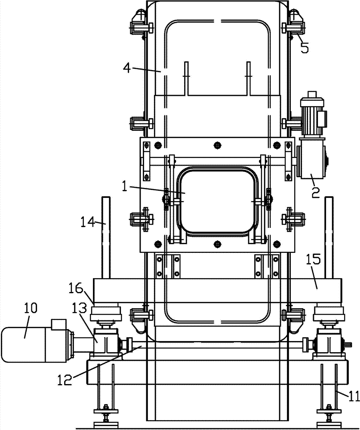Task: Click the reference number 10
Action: coord(30,308)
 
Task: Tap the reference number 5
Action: coord(304,48)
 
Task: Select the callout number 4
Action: coord(127,68)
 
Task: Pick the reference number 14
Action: coord(88,221)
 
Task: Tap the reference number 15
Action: coord(314,259)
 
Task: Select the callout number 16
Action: coord(76,288)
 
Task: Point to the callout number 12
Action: coord(65,380)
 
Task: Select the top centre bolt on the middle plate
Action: coord(218,144)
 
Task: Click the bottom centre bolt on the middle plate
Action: coord(218,243)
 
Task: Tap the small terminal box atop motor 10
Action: coord(59,324)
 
